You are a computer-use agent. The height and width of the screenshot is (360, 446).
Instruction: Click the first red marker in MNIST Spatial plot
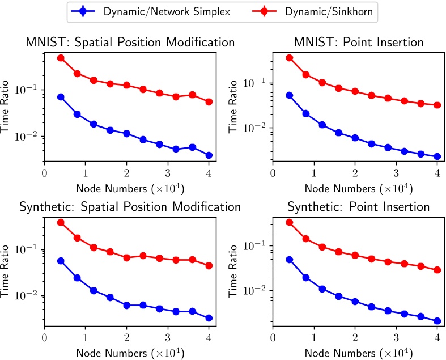(x=61, y=58)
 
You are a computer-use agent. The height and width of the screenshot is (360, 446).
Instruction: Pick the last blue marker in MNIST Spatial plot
(x=209, y=155)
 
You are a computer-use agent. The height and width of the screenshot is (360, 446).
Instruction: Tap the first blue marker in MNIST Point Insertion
(x=290, y=95)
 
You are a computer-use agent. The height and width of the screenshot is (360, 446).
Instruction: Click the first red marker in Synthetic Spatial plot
(x=61, y=222)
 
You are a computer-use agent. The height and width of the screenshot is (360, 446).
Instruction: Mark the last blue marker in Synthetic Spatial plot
(x=209, y=318)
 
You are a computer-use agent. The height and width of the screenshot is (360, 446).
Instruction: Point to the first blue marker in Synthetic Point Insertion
(x=290, y=260)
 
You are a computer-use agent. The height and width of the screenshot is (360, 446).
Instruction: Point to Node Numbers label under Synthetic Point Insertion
(x=355, y=351)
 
